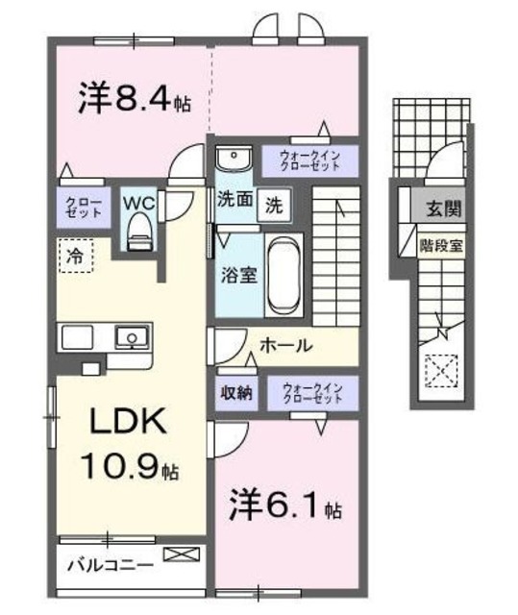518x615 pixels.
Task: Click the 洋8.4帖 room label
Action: point(134,97)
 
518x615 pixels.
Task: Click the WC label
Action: point(138,205)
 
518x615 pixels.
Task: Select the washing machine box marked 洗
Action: point(274,206)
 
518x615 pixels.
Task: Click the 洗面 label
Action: point(234,201)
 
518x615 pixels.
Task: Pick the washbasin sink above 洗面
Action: point(232,160)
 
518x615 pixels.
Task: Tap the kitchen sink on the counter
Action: point(130,337)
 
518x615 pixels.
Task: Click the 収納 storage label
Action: point(235,392)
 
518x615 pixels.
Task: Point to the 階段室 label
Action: point(441,244)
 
